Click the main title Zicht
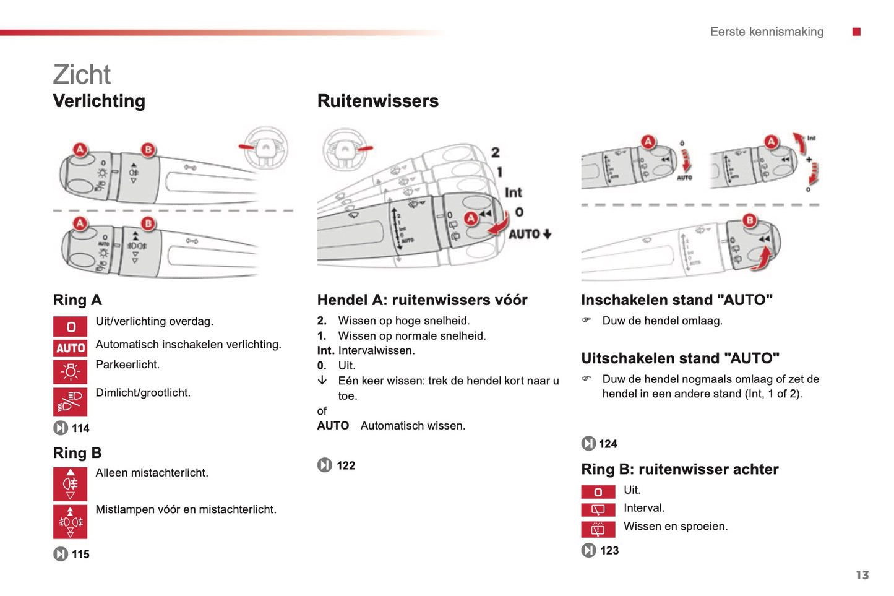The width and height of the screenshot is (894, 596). [82, 75]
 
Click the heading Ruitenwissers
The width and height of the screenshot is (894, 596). [377, 101]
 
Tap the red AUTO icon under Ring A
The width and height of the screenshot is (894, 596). [71, 348]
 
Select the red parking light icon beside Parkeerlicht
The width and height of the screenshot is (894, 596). [71, 371]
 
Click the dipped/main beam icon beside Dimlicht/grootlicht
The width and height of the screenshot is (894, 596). [71, 401]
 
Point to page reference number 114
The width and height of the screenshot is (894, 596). [80, 428]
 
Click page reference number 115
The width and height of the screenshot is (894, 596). [80, 555]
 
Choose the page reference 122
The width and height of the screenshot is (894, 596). [345, 465]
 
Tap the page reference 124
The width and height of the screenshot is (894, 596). [608, 444]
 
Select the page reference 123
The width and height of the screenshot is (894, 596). [609, 550]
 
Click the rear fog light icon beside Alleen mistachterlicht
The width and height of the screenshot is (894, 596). [71, 484]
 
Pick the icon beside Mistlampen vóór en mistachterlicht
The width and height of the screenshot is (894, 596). [71, 522]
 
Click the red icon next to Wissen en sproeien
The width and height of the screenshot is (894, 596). [598, 529]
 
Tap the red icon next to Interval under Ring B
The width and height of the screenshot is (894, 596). [598, 509]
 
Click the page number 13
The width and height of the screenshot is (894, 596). [862, 575]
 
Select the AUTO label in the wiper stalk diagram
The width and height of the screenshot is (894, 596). [525, 234]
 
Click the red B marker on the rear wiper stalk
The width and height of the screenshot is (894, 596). [750, 220]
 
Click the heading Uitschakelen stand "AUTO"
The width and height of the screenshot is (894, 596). [680, 358]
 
